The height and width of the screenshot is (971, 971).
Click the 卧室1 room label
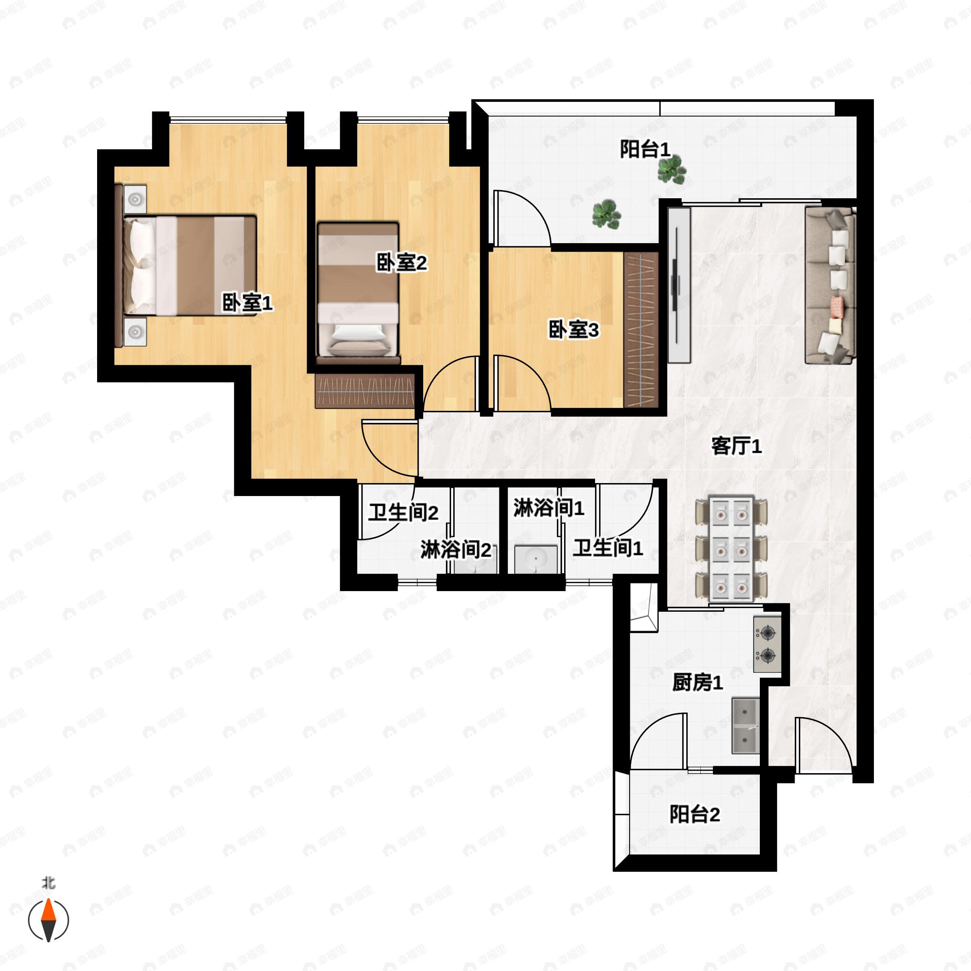247,303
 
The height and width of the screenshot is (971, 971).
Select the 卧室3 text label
573,330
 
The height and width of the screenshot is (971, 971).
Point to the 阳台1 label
645,149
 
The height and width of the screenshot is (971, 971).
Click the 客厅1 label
736,446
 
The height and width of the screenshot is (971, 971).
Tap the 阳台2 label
695,814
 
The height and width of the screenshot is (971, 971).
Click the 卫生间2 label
403,513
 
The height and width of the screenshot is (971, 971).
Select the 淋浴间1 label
549,508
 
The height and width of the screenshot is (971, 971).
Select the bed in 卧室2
358,293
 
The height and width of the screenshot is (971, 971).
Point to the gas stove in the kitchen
767,645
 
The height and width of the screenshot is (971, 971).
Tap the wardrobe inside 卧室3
641,330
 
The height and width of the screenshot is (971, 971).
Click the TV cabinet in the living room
679,286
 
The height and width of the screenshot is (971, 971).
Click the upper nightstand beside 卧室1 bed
135,199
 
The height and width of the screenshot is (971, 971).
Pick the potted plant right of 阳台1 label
672,170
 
